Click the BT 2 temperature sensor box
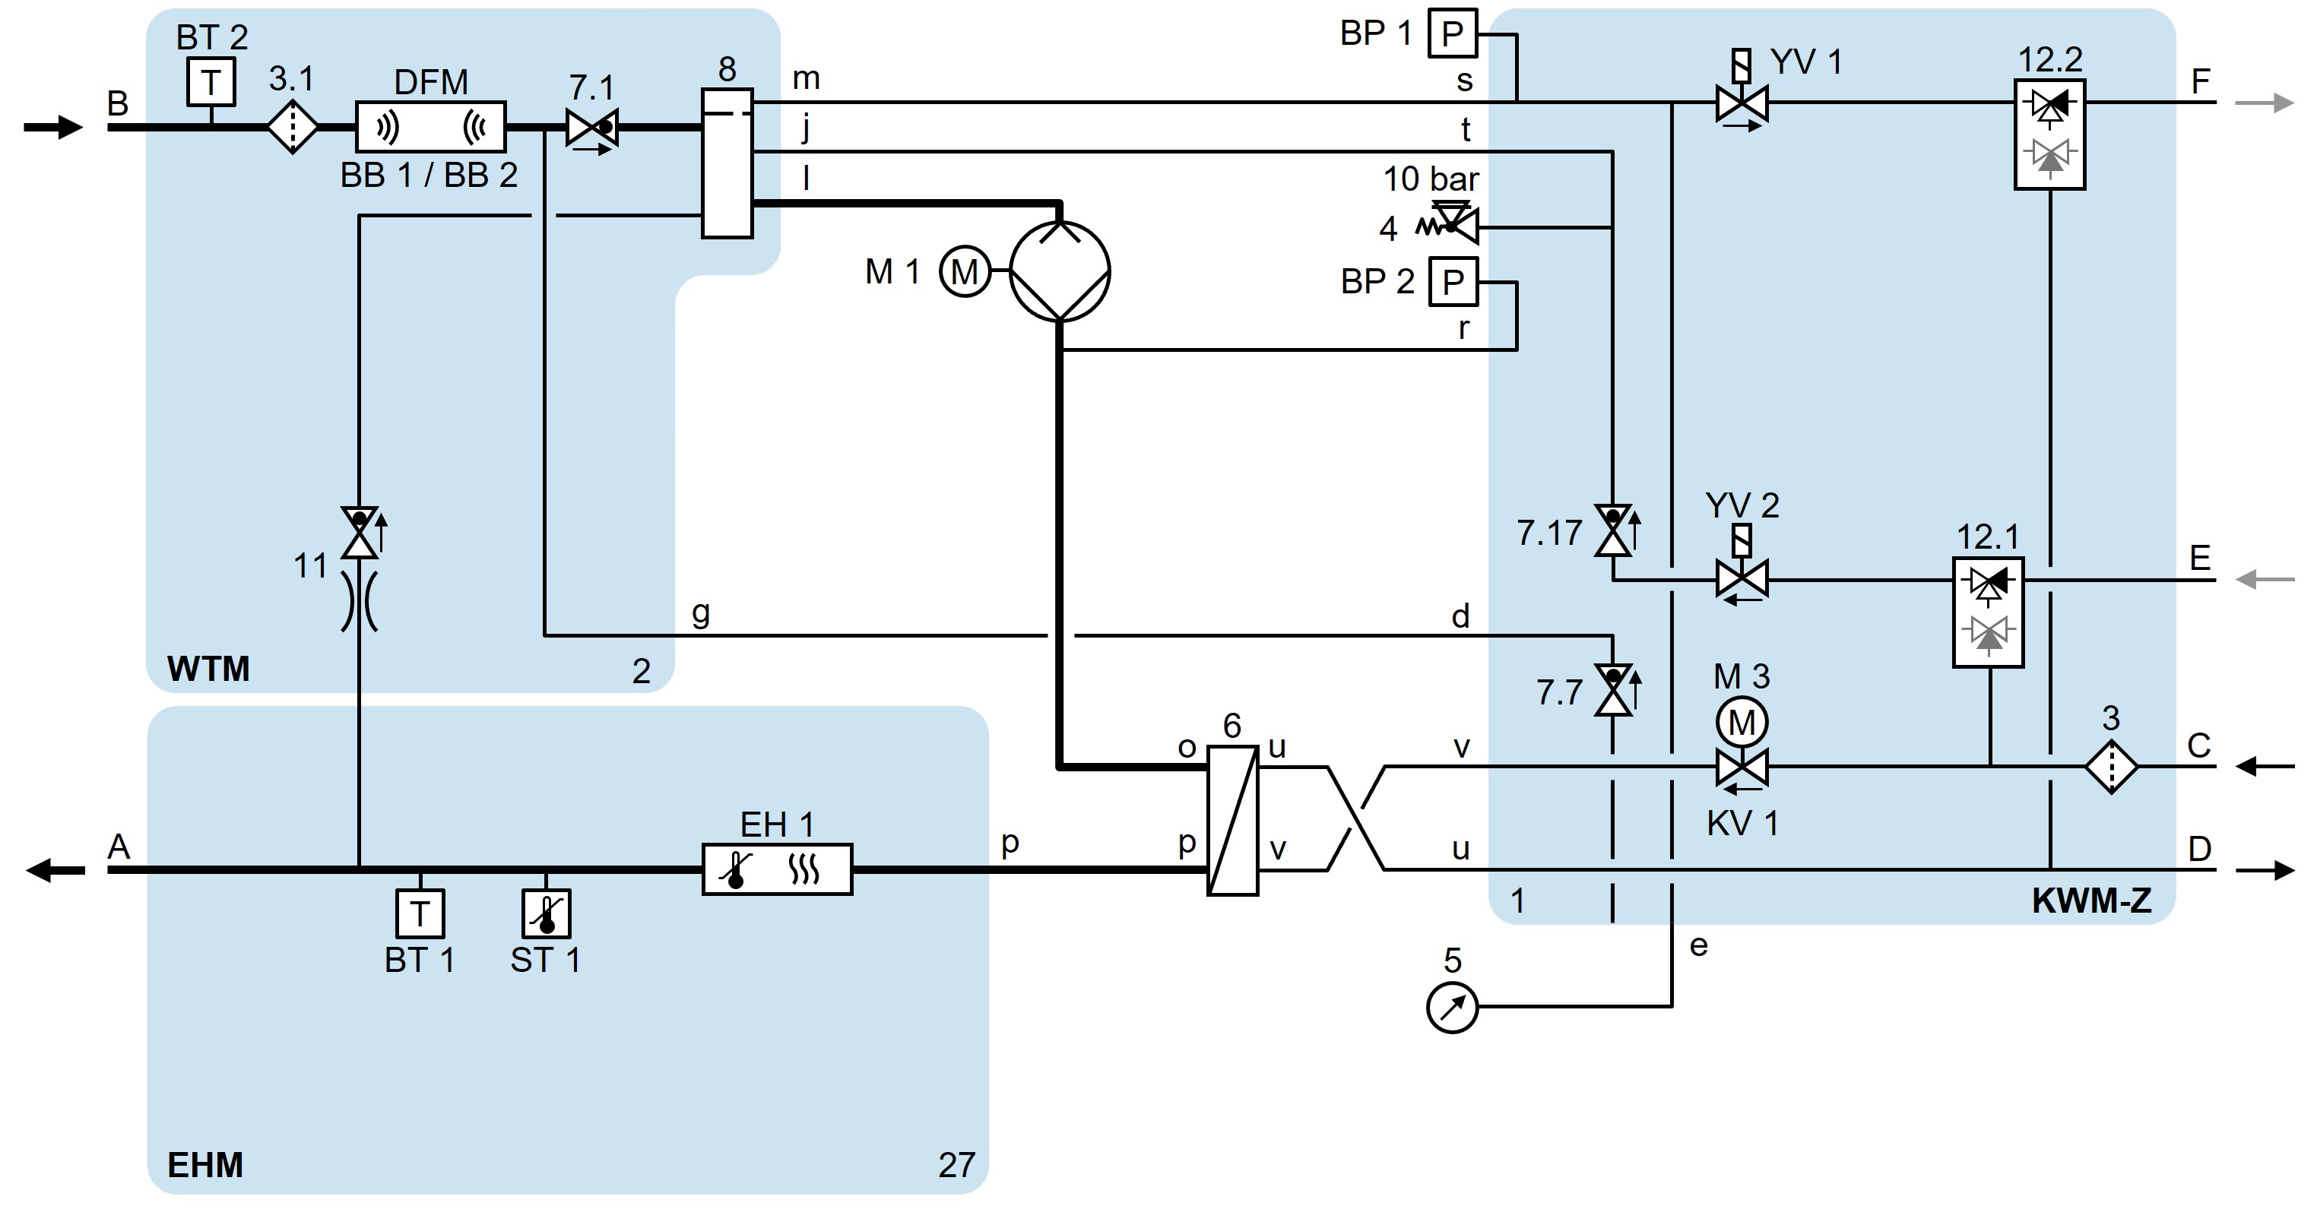pyautogui.click(x=211, y=83)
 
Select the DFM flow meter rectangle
pyautogui.click(x=431, y=127)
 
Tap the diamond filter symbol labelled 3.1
pyautogui.click(x=293, y=128)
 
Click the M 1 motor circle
pyautogui.click(x=964, y=271)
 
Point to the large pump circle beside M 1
pyautogui.click(x=1060, y=271)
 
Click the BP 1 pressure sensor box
pyautogui.click(x=1453, y=34)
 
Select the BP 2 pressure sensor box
pyautogui.click(x=1453, y=283)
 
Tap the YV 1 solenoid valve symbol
pyautogui.click(x=1742, y=102)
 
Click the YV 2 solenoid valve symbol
pyautogui.click(x=1742, y=578)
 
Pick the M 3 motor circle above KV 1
pyautogui.click(x=1742, y=721)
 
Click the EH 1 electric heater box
pyautogui.click(x=777, y=869)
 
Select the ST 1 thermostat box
pyautogui.click(x=546, y=913)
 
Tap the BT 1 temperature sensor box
pyautogui.click(x=420, y=913)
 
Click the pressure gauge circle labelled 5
pyautogui.click(x=1452, y=1007)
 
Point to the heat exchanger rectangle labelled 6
pyautogui.click(x=1232, y=819)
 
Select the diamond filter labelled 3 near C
pyautogui.click(x=2111, y=766)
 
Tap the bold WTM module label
pyautogui.click(x=208, y=669)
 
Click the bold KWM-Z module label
pyautogui.click(x=2091, y=901)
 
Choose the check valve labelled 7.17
pyautogui.click(x=1613, y=531)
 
